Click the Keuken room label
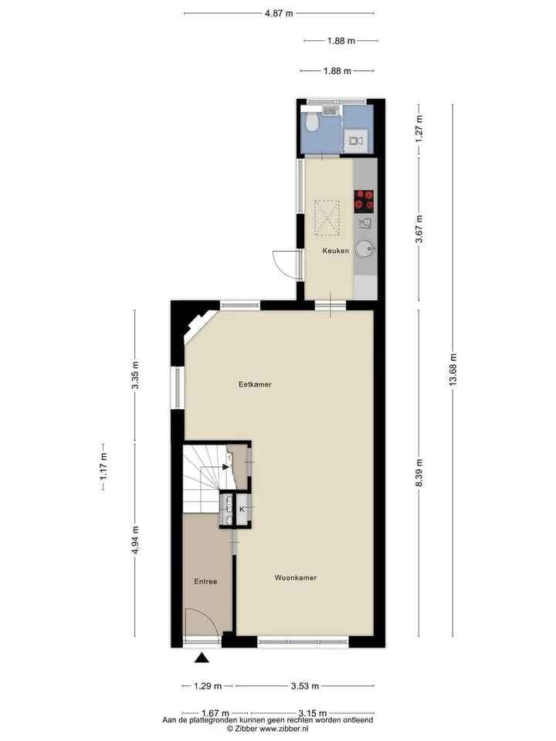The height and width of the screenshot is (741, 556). tap(336, 250)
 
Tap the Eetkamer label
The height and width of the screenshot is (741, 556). tap(255, 384)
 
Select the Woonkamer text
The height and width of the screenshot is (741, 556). tap(296, 577)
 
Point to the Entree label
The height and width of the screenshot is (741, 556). tap(205, 581)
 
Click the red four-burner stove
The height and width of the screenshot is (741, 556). tap(364, 201)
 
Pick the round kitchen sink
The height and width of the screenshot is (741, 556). tap(364, 249)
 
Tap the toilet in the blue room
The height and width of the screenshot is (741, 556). tap(311, 123)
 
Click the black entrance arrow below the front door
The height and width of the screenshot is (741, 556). tap(202, 658)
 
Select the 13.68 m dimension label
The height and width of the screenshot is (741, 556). tap(453, 370)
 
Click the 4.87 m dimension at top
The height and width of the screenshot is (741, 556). tap(279, 13)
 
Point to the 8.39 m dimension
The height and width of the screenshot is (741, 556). tap(419, 472)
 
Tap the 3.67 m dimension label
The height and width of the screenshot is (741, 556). tap(419, 228)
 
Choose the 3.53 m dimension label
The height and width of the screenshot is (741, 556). tap(304, 685)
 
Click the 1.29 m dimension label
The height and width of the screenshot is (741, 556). tap(208, 685)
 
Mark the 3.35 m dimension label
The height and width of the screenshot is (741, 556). tap(135, 375)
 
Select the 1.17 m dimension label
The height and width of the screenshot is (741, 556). tap(103, 466)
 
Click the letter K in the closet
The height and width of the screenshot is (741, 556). tap(242, 509)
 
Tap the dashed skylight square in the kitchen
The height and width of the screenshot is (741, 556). tap(327, 218)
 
